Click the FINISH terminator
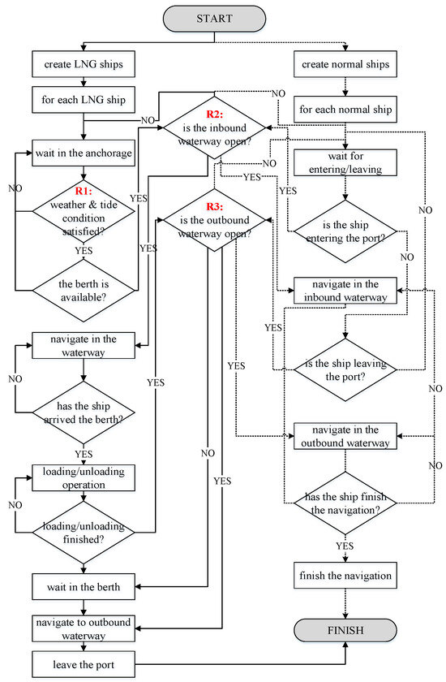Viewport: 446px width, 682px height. pyautogui.click(x=345, y=630)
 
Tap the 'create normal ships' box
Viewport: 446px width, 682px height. pyautogui.click(x=346, y=63)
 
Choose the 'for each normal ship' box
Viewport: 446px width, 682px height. pyautogui.click(x=346, y=109)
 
